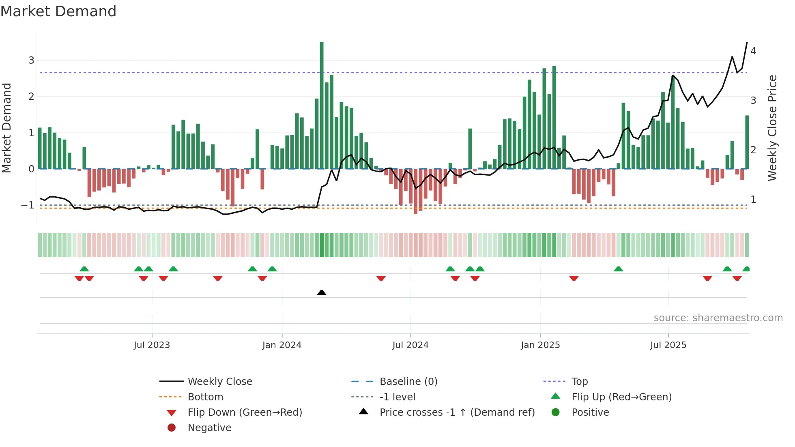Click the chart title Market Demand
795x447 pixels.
tap(58, 11)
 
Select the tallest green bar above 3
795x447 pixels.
tap(322, 105)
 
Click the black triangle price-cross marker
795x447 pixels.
tap(322, 292)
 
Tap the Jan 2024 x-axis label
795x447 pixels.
tap(281, 345)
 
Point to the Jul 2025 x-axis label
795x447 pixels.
tap(668, 345)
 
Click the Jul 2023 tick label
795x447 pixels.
tap(152, 345)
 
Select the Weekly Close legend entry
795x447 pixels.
tap(219, 382)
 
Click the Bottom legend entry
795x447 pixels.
tap(205, 397)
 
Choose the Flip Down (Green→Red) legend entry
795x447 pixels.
tap(245, 413)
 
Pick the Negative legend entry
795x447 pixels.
tap(209, 428)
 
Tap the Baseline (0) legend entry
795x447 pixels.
tap(408, 382)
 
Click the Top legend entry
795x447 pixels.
tap(580, 382)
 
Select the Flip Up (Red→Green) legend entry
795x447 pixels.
tap(621, 397)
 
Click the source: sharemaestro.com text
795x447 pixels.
tap(718, 318)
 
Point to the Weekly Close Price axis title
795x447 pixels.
tap(772, 128)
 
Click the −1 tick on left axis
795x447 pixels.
tap(28, 205)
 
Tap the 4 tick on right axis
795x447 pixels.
tap(753, 51)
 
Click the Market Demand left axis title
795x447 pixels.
tap(6, 128)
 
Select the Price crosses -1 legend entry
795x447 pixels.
tap(457, 413)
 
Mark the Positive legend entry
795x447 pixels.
tap(590, 413)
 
